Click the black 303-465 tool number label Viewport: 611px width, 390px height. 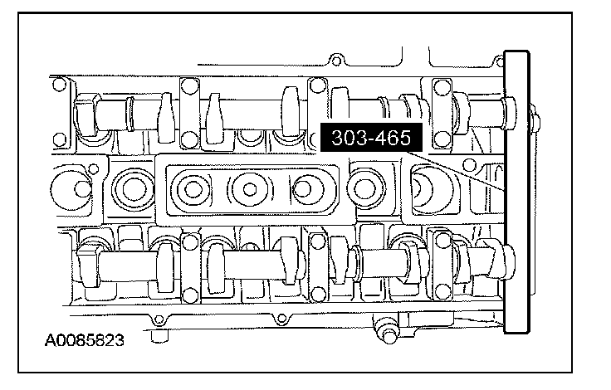[371, 138]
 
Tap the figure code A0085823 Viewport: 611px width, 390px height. [84, 340]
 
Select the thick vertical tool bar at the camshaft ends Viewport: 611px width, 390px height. [516, 192]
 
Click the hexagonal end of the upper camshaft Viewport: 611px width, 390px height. [85, 115]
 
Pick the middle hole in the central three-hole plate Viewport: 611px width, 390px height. [250, 189]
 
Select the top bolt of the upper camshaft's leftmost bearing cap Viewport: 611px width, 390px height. [189, 86]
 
